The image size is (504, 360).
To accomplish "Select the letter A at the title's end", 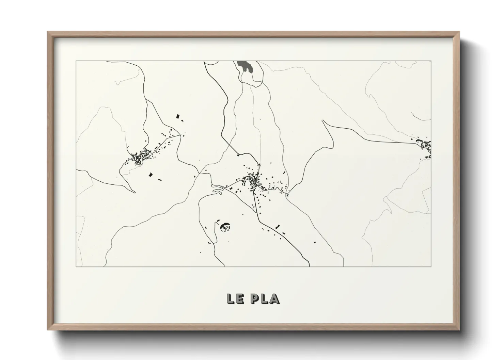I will click(275, 298).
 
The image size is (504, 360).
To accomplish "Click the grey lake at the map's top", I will click(244, 66).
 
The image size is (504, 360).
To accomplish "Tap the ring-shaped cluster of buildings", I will click(225, 226).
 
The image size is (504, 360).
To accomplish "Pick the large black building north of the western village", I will click(177, 116).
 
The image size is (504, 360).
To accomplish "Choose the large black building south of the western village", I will click(150, 175).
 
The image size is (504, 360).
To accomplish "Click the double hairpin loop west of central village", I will click(217, 189).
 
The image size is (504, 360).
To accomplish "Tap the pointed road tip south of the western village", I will click(135, 192).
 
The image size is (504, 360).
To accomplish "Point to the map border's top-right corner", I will click(431, 61).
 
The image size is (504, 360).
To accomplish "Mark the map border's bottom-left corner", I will click(76, 266).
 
